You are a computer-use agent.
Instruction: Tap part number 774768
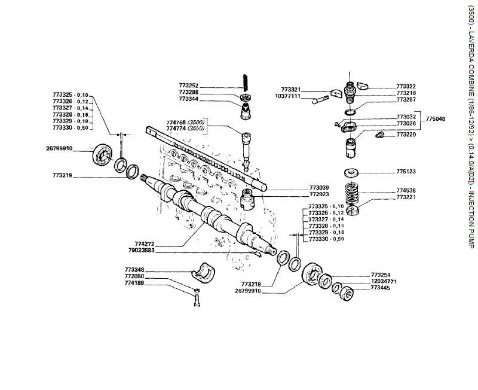(x=177, y=123)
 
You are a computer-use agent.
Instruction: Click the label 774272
(x=145, y=243)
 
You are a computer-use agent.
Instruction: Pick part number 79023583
(x=142, y=250)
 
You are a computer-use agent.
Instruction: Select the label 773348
(x=135, y=270)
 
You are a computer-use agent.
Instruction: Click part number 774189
(x=135, y=284)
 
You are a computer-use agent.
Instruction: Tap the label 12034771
(x=384, y=281)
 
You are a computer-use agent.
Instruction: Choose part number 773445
(x=380, y=288)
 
